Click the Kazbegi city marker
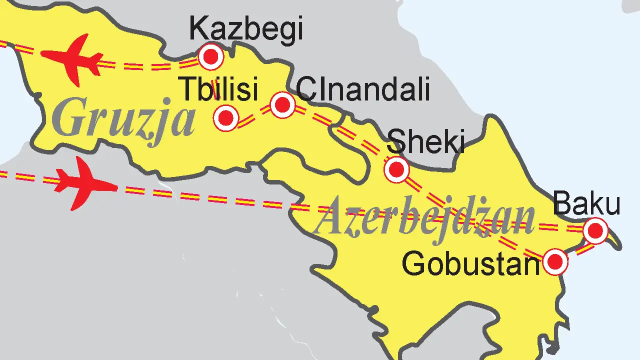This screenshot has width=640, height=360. click(210, 57)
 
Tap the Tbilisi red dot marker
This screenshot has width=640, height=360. click(226, 118)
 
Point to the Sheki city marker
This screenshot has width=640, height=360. click(396, 169)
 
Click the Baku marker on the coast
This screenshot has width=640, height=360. click(595, 231)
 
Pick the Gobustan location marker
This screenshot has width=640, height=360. click(555, 261)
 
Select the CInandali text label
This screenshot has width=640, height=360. click(362, 90)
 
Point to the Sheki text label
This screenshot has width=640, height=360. click(426, 141)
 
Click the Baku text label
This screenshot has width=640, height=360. click(587, 204)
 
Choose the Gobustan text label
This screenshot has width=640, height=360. click(471, 263)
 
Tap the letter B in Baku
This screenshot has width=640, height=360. click(563, 204)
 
